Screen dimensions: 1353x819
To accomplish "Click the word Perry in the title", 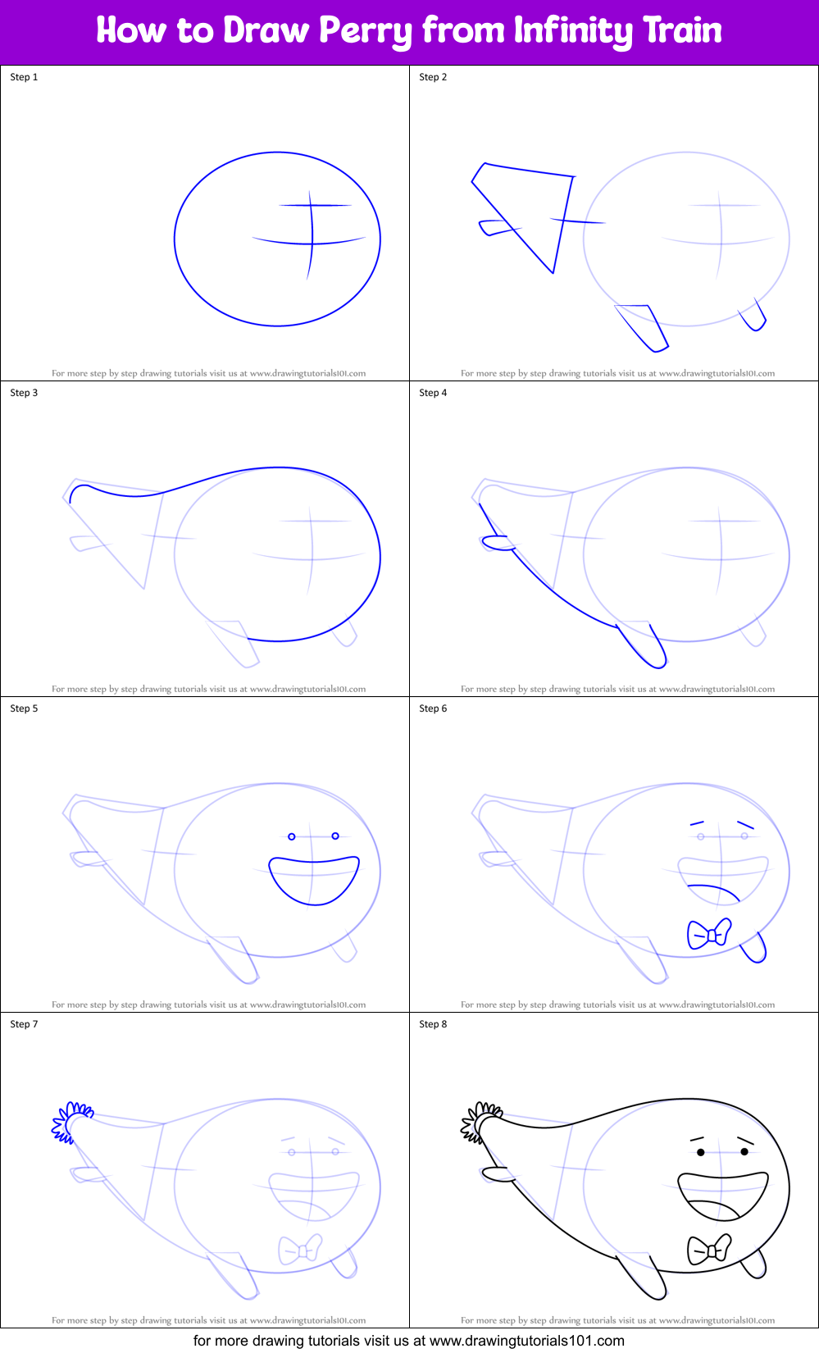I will (x=365, y=31).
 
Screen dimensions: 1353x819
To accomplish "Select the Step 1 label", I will (x=24, y=77).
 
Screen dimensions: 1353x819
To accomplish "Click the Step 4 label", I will (x=433, y=393).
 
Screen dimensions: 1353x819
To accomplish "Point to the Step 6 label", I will (x=433, y=708).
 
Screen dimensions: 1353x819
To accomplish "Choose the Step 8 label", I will (x=433, y=1024).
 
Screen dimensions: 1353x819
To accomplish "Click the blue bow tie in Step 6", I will (x=709, y=933).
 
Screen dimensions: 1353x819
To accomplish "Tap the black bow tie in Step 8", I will (x=709, y=1249).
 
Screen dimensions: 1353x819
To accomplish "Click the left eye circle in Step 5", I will (x=292, y=836).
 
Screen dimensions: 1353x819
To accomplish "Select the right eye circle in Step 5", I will (x=335, y=836).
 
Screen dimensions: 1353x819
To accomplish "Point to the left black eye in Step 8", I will (x=701, y=1152).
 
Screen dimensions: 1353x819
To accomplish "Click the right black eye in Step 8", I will (x=744, y=1151).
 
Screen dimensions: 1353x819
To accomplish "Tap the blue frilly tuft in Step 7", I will (x=72, y=1120).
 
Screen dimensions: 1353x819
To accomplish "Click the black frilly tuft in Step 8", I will (x=481, y=1120).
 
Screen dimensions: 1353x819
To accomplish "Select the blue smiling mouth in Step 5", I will (x=314, y=879).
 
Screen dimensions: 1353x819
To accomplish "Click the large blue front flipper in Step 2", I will (x=643, y=327).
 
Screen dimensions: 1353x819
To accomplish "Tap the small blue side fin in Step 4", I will (x=494, y=542).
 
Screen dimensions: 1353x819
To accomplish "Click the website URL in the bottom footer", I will (x=526, y=1341).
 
